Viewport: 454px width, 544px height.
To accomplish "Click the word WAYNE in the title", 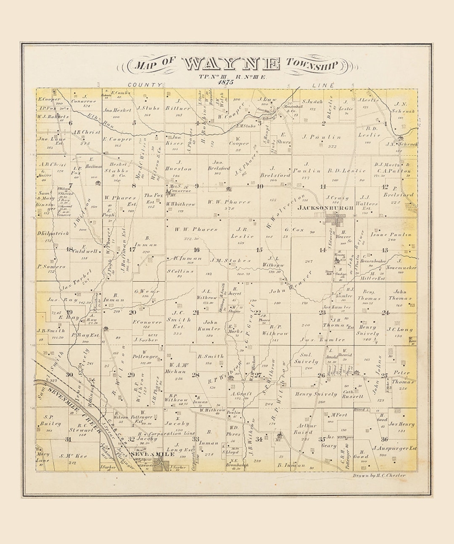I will pos(231,64).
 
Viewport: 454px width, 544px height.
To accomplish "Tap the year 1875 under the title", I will pos(226,82).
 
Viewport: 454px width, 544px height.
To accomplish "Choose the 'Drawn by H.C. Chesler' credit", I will pos(380,475).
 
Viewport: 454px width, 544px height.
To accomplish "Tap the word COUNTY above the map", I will pos(145,85).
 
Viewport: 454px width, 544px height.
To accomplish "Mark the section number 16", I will pos(196,250).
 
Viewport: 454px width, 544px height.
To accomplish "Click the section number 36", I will pos(384,439).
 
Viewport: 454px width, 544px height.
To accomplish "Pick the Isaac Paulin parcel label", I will pos(391,235).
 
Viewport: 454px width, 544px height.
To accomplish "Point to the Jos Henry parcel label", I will pos(401,424).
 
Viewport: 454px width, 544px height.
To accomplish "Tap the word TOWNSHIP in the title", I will pos(312,64).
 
